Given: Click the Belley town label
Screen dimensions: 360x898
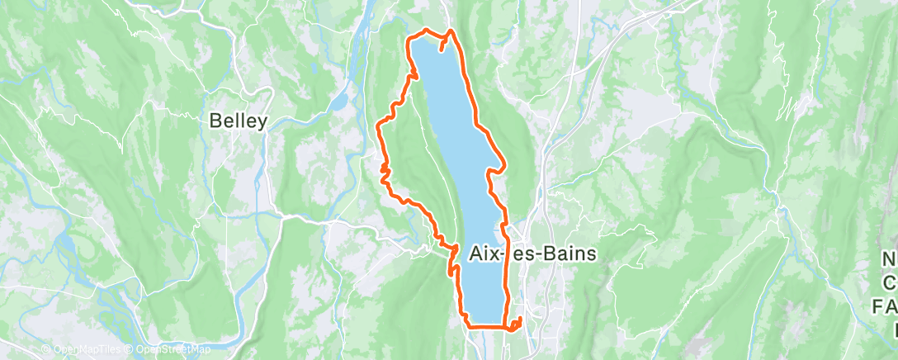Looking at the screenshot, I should (x=239, y=121).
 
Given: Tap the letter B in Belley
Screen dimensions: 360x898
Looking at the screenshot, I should (x=215, y=121).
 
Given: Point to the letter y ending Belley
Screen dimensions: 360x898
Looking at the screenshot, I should (x=262, y=123).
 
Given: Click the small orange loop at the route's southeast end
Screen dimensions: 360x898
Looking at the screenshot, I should (x=517, y=324).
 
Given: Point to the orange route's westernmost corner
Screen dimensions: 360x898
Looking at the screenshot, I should (x=378, y=126).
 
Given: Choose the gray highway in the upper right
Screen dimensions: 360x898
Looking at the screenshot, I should (x=615, y=50).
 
